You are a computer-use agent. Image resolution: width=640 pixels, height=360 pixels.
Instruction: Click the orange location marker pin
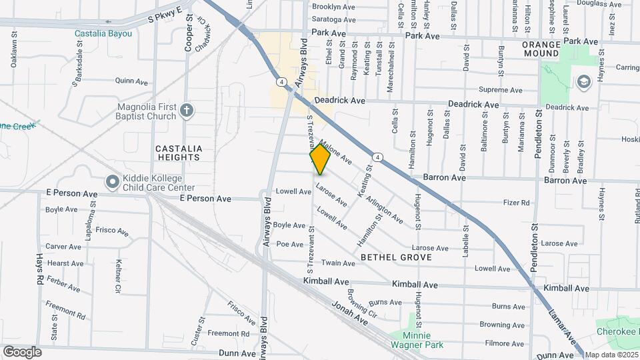[x=320, y=159]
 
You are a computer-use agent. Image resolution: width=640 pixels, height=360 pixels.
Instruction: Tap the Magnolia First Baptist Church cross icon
[x=187, y=110]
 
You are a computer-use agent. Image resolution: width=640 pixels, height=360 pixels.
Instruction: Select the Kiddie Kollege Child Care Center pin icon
[x=111, y=182]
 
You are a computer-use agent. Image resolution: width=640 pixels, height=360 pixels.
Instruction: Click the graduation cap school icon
[x=583, y=81]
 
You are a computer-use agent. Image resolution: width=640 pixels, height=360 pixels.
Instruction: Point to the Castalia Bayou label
[x=103, y=33]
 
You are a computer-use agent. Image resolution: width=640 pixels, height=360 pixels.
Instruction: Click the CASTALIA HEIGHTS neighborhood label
[x=177, y=153]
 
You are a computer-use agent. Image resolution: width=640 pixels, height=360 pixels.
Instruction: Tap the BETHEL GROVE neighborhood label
[x=396, y=257]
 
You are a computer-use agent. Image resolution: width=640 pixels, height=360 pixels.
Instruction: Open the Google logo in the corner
[x=22, y=351]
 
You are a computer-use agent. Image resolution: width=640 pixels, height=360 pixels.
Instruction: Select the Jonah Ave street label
[x=349, y=312]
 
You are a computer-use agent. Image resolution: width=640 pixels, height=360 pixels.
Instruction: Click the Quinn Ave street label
[x=131, y=81]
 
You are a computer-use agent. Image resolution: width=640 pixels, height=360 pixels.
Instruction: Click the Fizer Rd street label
[x=516, y=203]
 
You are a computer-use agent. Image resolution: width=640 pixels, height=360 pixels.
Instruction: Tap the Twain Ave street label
[x=336, y=263]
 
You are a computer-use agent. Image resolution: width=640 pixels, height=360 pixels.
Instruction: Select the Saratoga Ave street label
[x=335, y=20]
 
